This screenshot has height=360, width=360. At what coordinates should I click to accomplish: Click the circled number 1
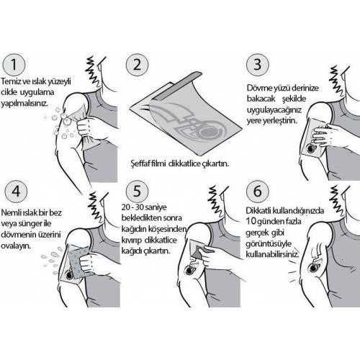[14, 65]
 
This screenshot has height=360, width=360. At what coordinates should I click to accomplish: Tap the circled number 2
[137, 65]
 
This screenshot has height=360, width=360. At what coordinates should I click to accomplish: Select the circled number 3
[258, 65]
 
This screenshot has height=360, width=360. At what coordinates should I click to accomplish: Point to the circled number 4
[16, 192]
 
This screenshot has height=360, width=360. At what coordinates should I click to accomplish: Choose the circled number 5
[137, 192]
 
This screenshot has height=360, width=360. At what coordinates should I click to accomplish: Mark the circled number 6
[258, 192]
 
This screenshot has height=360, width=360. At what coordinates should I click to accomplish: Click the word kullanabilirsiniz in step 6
[273, 254]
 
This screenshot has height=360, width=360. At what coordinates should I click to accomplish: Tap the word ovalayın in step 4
[16, 246]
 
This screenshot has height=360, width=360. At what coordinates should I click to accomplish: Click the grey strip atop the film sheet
[178, 86]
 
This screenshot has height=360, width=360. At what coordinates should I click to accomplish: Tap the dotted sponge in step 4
[76, 262]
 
